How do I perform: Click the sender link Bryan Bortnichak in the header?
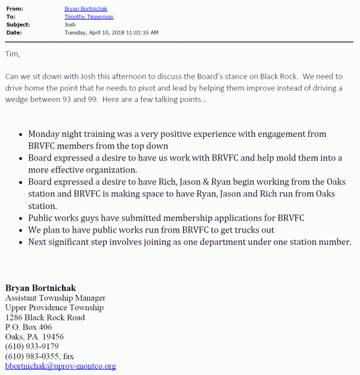pos(87,9)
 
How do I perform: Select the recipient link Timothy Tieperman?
pos(89,17)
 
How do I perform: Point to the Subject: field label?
pos(18,25)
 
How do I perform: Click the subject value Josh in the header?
pos(71,25)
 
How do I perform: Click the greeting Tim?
pos(12,54)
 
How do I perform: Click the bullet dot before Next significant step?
pos(21,242)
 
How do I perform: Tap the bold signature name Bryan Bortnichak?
pos(40,288)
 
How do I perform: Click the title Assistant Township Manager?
pos(55,298)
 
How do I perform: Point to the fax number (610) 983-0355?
pos(31,356)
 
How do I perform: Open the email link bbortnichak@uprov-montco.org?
pos(60,366)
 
